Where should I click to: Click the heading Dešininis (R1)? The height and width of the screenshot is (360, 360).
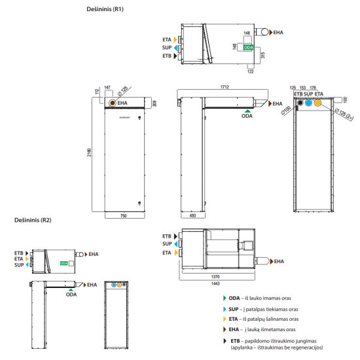[x=105, y=10]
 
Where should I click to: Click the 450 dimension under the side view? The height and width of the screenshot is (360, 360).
[x=192, y=216]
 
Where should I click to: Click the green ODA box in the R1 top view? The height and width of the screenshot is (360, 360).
[x=249, y=48]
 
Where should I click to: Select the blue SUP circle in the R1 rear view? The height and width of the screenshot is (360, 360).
[x=308, y=103]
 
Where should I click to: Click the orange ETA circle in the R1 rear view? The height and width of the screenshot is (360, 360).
[x=318, y=103]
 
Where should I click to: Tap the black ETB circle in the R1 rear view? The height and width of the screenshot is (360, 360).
[x=298, y=103]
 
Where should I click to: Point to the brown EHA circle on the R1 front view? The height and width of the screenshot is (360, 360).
[x=113, y=103]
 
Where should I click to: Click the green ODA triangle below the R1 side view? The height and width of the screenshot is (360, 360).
[x=246, y=111]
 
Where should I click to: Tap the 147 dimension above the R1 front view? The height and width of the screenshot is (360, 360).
[x=107, y=87]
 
